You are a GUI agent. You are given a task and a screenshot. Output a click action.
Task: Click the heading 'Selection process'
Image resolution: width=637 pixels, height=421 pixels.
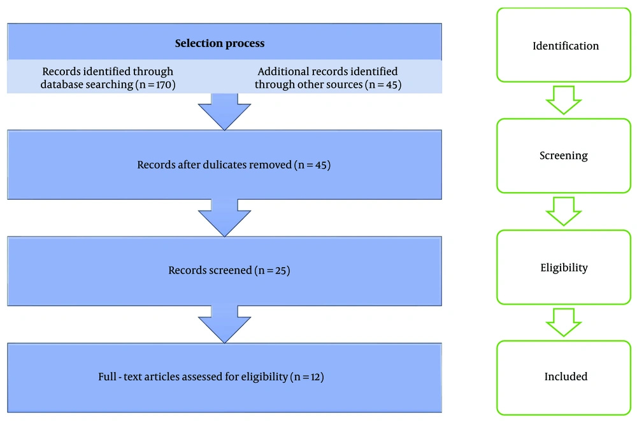tap(219, 43)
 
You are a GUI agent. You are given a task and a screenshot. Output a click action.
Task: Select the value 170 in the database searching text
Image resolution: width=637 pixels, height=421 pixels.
tap(164, 85)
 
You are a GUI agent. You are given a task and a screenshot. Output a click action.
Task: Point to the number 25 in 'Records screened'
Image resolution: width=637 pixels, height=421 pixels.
tap(280, 270)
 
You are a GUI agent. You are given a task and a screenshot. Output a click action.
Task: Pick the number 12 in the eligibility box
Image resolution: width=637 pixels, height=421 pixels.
tap(315, 376)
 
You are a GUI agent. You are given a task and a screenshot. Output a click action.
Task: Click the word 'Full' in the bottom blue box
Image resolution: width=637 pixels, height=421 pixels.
tap(107, 376)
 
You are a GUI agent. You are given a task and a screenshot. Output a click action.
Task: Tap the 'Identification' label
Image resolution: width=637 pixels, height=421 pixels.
tap(566, 46)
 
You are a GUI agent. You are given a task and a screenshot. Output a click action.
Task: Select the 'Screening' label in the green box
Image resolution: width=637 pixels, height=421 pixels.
tap(564, 156)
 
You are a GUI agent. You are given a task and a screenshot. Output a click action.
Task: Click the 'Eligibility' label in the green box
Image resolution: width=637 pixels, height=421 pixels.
tap(564, 268)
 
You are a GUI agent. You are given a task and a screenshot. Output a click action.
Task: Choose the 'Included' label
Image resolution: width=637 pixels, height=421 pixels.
tap(566, 376)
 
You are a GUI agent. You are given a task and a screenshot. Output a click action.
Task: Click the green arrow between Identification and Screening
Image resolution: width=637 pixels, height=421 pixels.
tap(564, 100)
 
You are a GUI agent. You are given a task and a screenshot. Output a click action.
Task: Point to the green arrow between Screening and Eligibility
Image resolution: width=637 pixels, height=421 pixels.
tap(564, 211)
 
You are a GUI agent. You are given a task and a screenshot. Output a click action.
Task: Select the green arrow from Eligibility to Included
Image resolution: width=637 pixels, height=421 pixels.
tap(564, 322)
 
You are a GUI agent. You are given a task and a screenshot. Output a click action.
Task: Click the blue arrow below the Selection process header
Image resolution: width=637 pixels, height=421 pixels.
tap(224, 111)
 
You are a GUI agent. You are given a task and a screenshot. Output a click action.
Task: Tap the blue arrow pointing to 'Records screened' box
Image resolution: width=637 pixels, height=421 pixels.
tap(224, 217)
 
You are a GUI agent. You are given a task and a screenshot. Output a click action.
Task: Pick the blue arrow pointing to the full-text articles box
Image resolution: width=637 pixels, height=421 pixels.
tap(224, 324)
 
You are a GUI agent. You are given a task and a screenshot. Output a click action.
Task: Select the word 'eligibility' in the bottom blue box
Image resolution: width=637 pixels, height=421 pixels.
tap(264, 376)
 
